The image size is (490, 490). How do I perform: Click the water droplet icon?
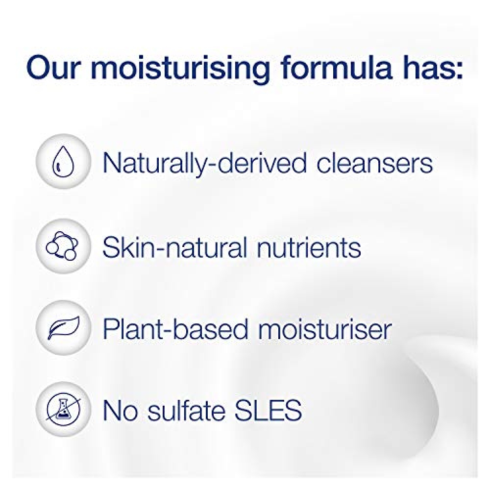[x=63, y=162]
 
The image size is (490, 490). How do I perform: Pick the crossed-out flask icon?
[x=63, y=409]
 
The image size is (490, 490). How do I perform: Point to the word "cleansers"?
[x=375, y=163]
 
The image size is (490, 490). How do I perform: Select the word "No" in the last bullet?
[x=121, y=410]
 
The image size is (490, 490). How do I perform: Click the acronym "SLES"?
[x=269, y=410]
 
